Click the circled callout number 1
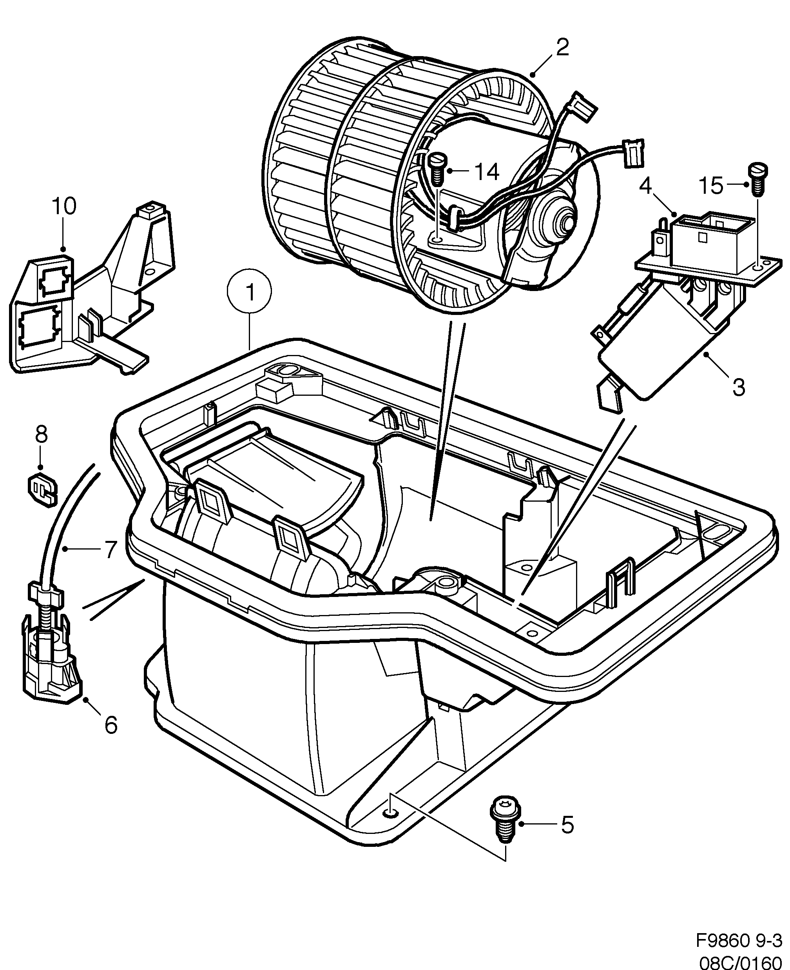click(249, 292)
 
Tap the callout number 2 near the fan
click(562, 47)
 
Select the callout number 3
click(738, 387)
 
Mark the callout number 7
click(111, 550)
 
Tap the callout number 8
click(41, 435)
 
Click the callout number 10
click(64, 206)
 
